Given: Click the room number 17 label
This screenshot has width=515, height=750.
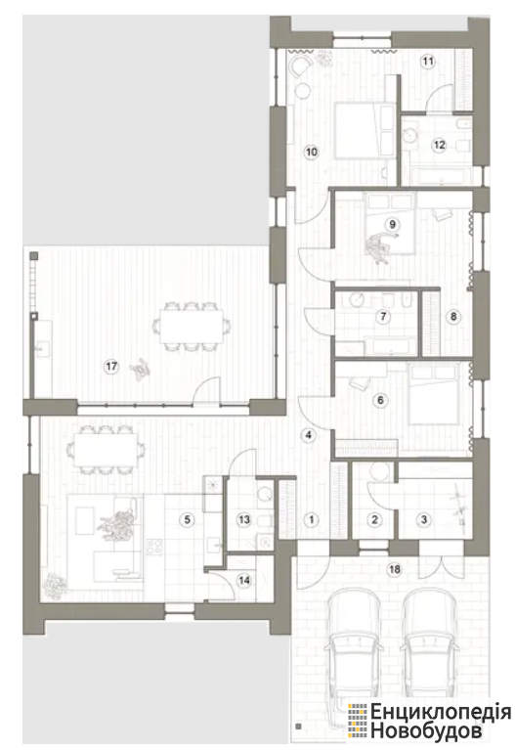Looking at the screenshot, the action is [x=111, y=367].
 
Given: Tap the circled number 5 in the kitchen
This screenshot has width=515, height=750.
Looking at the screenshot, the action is [x=187, y=519].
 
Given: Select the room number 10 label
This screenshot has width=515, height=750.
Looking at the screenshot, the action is [x=312, y=153].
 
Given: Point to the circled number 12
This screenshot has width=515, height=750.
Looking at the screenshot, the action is [x=439, y=145].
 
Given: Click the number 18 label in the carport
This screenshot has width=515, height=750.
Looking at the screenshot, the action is [x=395, y=570].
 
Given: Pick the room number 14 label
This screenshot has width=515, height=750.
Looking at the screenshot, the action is [x=244, y=581].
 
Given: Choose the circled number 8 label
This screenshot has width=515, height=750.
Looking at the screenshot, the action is [x=453, y=316].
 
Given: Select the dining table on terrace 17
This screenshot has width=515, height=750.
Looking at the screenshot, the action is [x=192, y=326].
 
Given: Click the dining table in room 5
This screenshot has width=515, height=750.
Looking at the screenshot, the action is [x=106, y=450].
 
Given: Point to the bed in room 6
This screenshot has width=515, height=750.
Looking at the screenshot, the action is [x=435, y=395].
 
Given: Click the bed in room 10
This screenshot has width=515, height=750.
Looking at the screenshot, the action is [x=365, y=130].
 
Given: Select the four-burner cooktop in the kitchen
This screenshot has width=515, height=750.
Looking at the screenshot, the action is [x=154, y=548].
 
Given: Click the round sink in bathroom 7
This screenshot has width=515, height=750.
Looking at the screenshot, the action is [x=357, y=300].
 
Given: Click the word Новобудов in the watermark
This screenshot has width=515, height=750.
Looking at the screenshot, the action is [x=426, y=730].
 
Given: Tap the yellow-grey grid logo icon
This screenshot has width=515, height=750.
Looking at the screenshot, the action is [x=359, y=721].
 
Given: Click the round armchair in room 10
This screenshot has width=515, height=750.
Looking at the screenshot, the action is [x=301, y=66].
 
